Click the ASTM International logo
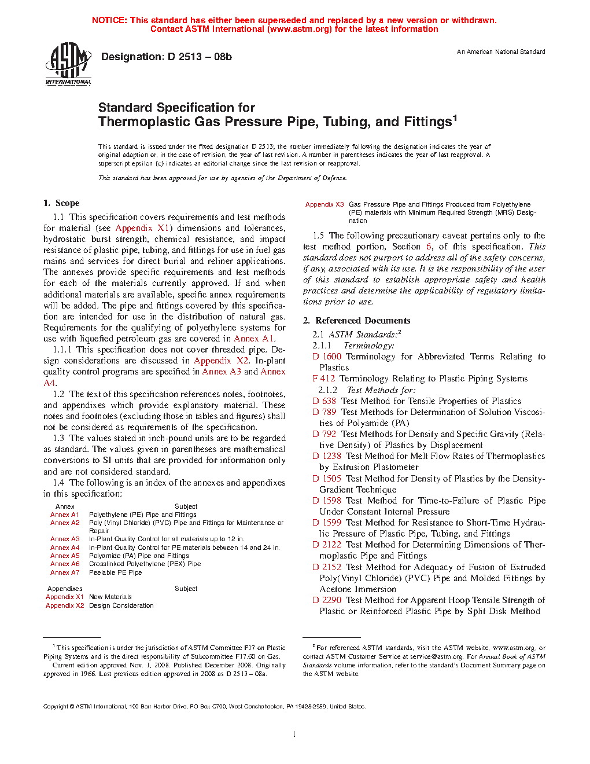68,64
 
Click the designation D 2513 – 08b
167,57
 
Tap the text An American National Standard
501,52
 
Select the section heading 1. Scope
61,203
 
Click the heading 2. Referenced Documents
357,321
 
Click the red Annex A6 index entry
65,564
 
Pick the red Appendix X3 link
325,204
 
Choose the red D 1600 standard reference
327,357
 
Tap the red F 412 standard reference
323,379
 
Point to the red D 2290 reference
327,600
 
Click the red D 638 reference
324,401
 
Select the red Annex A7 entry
65,572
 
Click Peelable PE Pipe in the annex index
115,572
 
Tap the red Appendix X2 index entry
65,605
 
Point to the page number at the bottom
294,734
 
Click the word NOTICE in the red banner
109,20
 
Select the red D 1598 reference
327,501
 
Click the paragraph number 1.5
318,236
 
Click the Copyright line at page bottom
204,706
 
